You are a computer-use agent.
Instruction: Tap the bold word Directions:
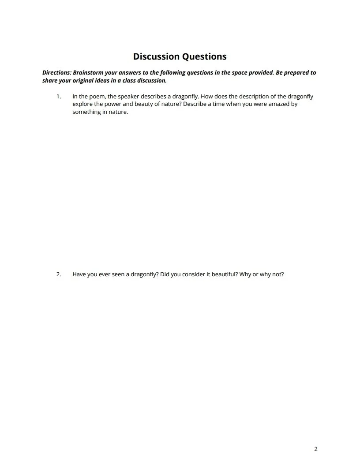56,72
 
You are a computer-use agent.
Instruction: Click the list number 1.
58,96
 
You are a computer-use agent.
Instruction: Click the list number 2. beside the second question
58,274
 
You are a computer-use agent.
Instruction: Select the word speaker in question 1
128,96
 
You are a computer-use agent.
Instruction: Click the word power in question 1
114,104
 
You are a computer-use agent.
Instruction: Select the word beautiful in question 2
214,274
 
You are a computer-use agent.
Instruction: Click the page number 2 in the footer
316,449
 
